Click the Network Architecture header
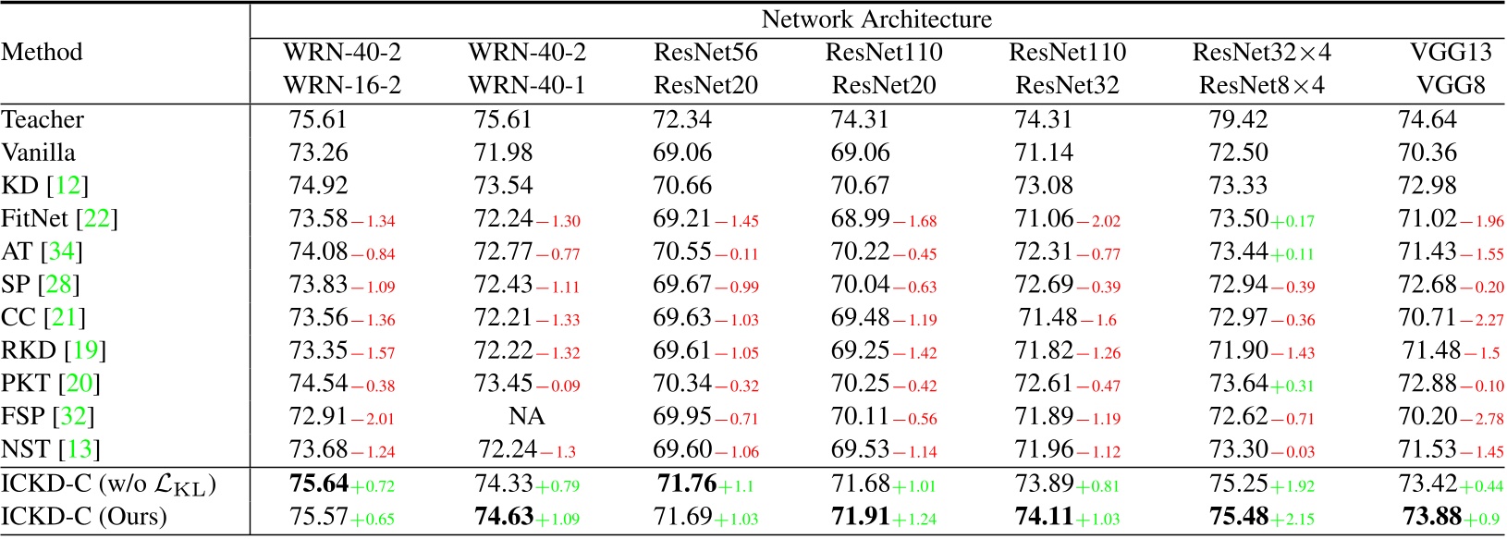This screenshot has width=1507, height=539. [876, 19]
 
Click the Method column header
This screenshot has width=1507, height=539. [42, 52]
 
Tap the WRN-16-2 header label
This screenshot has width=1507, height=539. [342, 86]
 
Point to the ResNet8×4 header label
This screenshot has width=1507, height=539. [1261, 86]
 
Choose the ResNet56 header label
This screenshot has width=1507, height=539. [705, 53]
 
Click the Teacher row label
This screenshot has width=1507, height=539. [43, 120]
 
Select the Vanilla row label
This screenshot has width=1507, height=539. [39, 153]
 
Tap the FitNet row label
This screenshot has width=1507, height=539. [59, 219]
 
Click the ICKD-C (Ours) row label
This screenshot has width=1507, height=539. [84, 516]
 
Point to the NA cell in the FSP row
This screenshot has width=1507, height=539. [526, 417]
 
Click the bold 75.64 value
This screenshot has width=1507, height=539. [319, 484]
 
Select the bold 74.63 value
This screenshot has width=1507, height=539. [504, 516]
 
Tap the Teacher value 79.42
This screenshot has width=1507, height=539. [1238, 120]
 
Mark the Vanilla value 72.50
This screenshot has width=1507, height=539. [1238, 153]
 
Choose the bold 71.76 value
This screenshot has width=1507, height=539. [687, 484]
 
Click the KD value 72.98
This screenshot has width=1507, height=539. [1427, 186]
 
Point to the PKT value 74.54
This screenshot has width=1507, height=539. [319, 384]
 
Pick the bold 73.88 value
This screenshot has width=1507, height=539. [1431, 516]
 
